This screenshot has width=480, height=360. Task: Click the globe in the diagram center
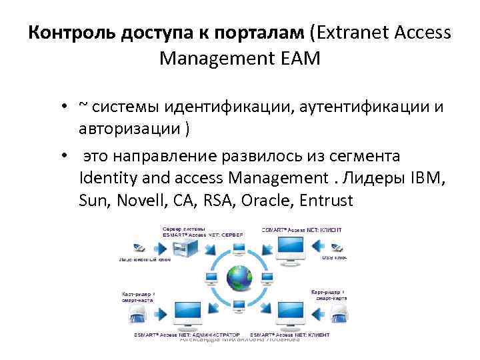tap(239, 278)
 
